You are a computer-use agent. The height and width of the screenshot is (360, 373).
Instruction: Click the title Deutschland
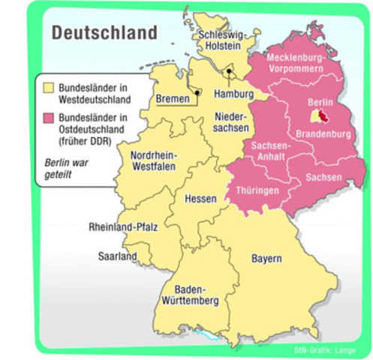[104, 33]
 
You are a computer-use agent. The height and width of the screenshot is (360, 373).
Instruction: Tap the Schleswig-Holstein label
[220, 40]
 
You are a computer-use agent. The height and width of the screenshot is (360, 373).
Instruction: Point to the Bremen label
[173, 98]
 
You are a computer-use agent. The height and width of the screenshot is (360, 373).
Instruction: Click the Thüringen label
[257, 190]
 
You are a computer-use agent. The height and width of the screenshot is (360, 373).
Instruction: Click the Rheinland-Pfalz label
[123, 227]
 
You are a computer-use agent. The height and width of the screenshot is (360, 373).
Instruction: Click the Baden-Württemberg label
[195, 295]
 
